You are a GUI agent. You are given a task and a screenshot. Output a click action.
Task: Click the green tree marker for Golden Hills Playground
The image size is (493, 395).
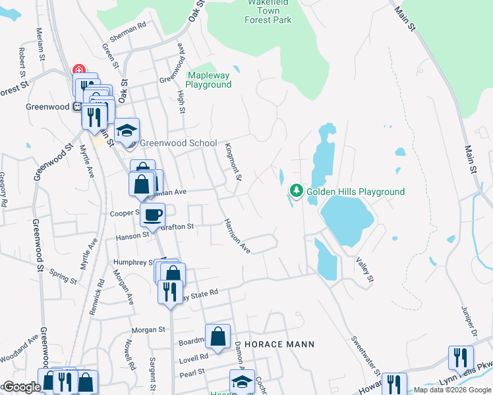point(297,191)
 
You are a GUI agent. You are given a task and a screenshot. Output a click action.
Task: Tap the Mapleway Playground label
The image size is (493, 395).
point(208,80)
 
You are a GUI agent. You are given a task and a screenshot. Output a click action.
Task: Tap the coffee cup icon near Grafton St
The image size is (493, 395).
point(152,215)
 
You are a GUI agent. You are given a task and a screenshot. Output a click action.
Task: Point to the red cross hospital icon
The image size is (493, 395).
point(78,70)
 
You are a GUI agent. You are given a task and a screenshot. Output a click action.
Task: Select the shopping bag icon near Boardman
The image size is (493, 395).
point(217,336)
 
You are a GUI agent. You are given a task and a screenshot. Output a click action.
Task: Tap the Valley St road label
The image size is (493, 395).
point(365,271)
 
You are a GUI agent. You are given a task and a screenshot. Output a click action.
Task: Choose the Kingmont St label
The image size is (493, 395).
point(234,162)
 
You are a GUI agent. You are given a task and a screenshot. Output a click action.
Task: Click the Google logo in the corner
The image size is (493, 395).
point(21,388)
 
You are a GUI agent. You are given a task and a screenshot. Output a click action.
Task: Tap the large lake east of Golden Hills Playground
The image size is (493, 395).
point(346,220)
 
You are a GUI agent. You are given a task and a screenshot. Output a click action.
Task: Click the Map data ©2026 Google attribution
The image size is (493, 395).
point(452,390)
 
